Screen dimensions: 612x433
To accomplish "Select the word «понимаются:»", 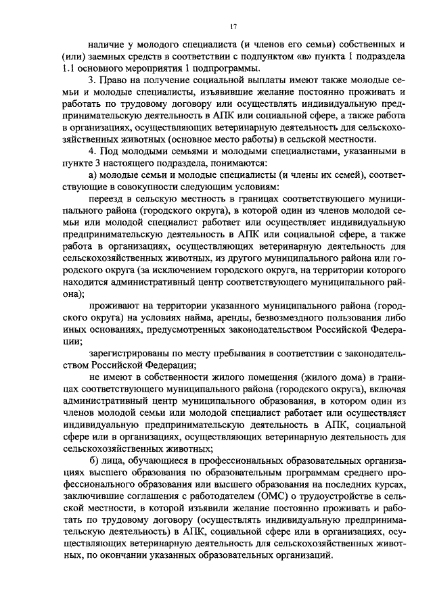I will click(224, 162).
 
